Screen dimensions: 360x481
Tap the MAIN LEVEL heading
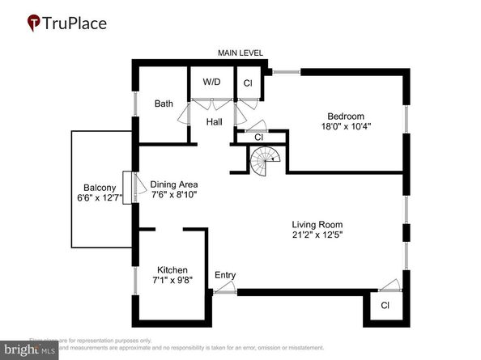point(240,53)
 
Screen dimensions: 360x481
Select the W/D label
point(211,82)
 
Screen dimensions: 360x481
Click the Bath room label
point(164,104)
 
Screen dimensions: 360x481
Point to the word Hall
point(214,122)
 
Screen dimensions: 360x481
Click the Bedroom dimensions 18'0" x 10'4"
point(346,126)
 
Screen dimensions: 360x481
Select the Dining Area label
point(174,183)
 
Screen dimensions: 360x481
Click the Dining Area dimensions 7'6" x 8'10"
point(174,194)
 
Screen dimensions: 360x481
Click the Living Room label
point(317,225)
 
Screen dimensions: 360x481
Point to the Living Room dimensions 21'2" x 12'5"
point(317,236)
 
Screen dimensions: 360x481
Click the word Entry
point(225,276)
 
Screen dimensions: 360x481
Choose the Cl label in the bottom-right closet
point(385,306)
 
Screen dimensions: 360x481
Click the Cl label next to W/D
point(247,83)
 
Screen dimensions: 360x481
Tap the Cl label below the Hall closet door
point(259,138)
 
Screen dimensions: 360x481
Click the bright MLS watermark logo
point(29,350)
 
